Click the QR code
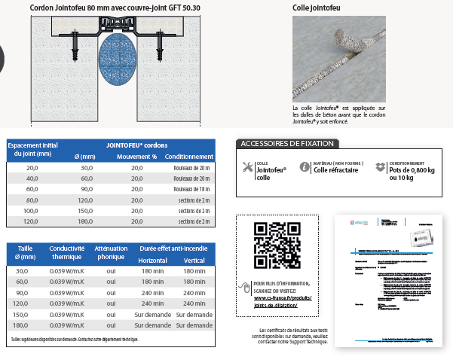coord(271,246)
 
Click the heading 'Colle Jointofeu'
coord(315,8)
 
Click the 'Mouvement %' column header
coord(136,157)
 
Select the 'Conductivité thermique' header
coord(66,252)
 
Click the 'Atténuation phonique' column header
coord(111,252)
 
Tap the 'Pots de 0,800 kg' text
coord(412,169)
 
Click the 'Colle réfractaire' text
coord(336,169)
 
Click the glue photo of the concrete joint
coord(338,59)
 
